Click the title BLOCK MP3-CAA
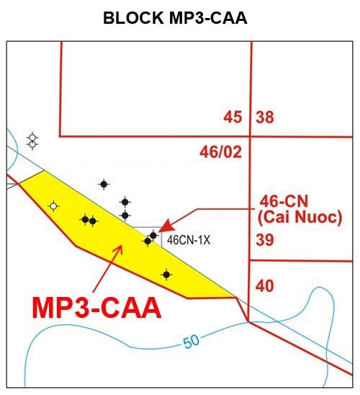(x=175, y=18)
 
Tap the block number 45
(x=233, y=117)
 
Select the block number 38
(x=265, y=117)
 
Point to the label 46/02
(x=220, y=152)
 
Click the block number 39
(x=265, y=239)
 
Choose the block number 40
(x=265, y=286)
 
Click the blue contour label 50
(x=192, y=341)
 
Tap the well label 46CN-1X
(x=189, y=240)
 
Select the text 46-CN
(x=284, y=201)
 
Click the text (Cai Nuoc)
(x=300, y=217)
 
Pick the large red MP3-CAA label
(x=96, y=308)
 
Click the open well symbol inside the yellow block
(x=53, y=206)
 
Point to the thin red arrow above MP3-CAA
(x=107, y=269)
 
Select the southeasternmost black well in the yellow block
(x=166, y=275)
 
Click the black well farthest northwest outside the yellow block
(x=104, y=185)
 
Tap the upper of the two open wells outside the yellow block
(x=32, y=138)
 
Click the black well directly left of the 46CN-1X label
(x=153, y=236)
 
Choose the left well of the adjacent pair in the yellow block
(x=85, y=220)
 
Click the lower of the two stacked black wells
(x=125, y=216)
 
